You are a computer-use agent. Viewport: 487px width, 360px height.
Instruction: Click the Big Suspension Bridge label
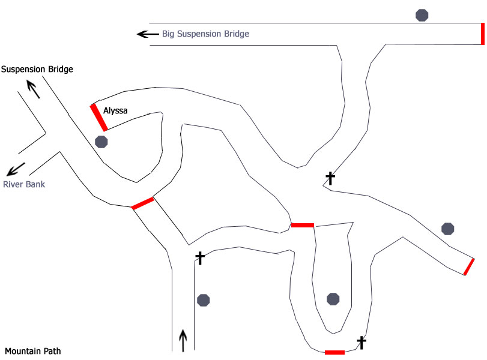205,34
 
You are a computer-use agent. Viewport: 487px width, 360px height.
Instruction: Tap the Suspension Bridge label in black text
37,70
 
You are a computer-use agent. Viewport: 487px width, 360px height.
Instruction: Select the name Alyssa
115,111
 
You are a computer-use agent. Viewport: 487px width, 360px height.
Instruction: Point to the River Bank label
24,184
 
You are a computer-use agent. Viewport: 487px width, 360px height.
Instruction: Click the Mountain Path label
33,351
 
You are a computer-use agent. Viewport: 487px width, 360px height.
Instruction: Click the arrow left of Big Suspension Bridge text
146,34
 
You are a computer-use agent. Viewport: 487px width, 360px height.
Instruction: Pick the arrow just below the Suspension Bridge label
34,90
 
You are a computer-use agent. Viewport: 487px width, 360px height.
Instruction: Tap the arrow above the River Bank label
16,169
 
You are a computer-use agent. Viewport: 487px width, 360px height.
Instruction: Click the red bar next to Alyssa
99,117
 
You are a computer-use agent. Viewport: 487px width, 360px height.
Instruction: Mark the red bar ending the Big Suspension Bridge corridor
483,34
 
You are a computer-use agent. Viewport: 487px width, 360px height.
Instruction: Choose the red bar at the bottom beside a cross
334,352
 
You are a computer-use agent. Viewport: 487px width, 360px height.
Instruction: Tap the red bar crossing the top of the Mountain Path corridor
143,203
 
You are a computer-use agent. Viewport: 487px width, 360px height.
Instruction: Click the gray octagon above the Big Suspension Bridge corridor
422,15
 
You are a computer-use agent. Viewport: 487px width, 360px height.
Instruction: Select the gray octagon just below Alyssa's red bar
101,142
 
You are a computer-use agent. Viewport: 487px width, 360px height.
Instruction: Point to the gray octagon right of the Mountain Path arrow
204,299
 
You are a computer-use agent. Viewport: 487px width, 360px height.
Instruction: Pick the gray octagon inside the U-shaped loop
333,299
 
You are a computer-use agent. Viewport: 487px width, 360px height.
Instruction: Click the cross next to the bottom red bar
361,342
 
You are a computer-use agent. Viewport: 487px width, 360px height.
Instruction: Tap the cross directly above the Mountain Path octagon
201,258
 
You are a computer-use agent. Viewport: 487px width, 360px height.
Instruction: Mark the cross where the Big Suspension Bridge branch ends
330,178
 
